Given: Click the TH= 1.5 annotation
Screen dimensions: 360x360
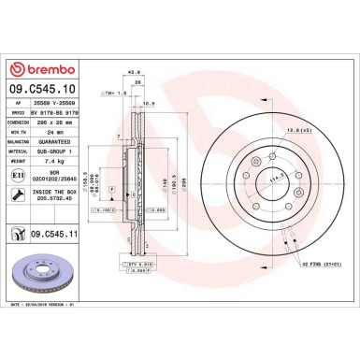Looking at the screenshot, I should [x=115, y=93].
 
